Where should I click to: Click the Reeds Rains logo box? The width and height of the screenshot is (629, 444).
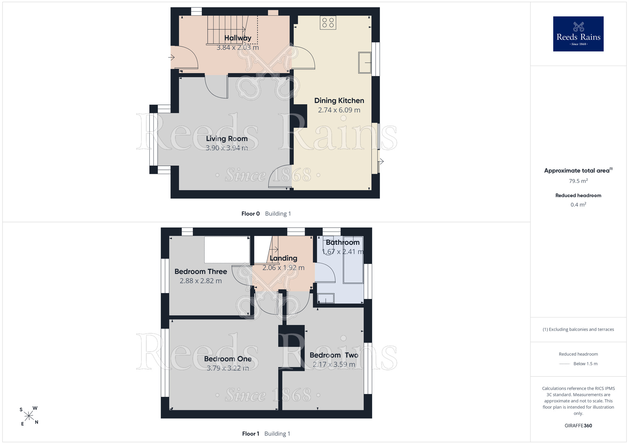pos(578,34)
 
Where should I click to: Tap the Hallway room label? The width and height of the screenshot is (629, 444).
pos(238,38)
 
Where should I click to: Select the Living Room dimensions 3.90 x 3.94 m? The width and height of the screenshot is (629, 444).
pos(227,148)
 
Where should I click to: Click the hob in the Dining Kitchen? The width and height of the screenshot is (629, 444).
pos(328,23)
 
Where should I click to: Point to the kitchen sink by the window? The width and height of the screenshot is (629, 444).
pos(365,62)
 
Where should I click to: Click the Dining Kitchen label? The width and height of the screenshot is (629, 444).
pos(339,100)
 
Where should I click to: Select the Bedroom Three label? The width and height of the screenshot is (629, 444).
pos(201,272)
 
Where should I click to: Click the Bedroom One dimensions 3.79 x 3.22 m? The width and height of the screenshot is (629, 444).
pos(228,368)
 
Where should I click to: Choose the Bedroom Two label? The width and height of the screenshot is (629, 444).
pos(334,355)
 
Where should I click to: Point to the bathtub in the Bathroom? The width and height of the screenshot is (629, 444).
pos(353,260)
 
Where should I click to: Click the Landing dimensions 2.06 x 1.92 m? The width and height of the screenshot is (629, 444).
pos(283,268)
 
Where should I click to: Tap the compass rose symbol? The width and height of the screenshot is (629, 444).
pos(29,416)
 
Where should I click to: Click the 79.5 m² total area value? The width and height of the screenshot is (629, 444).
pos(578,181)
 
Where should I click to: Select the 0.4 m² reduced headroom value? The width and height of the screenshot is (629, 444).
pos(578,205)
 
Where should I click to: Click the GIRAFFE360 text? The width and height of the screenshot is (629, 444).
pos(578,426)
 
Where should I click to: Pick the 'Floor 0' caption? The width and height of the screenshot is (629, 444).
pos(251,214)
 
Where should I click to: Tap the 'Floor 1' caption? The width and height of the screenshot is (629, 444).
pos(251,434)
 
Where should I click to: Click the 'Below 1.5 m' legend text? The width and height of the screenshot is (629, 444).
pos(586,364)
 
